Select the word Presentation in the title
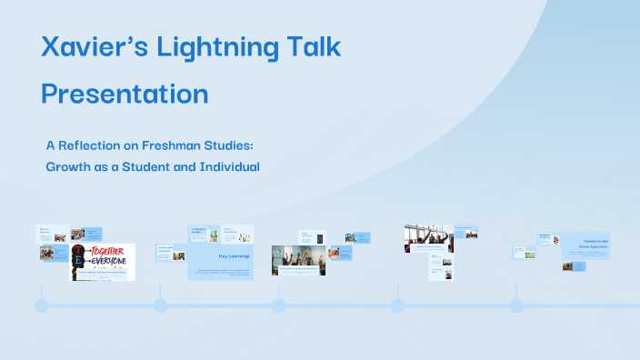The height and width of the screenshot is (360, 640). click(x=125, y=94)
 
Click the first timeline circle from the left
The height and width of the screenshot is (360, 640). click(x=42, y=305)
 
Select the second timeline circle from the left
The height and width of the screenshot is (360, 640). click(x=160, y=305)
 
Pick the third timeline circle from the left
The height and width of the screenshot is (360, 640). click(x=279, y=305)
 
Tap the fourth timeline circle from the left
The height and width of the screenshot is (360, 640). click(x=397, y=305)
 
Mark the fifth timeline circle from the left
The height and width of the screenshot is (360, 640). click(x=515, y=305)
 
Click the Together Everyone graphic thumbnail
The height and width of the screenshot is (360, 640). click(x=103, y=262)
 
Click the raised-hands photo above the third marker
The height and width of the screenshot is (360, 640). click(x=298, y=258)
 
